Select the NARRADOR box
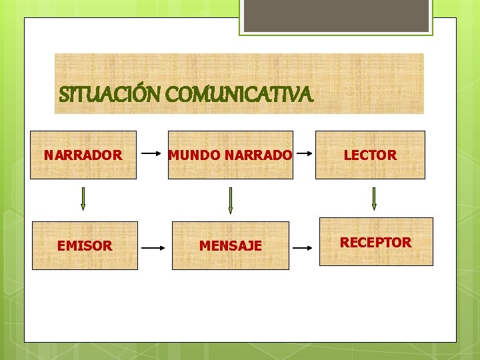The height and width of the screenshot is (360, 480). pos(83,155)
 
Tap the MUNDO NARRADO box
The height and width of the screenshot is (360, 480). pos(230,155)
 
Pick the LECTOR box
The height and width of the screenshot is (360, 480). pos(370,155)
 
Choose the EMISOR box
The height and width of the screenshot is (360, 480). pos(85,246)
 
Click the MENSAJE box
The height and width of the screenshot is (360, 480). pos(231,246)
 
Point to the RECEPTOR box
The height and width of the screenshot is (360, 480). pos(376,242)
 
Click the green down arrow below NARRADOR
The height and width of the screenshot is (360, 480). pos(83,198)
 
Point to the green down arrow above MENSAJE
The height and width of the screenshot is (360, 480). pos(230,200)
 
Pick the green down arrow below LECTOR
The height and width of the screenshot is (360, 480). pos(374,198)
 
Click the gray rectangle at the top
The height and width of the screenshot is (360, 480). pos(336,15)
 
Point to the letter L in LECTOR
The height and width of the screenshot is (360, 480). pos(347,155)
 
